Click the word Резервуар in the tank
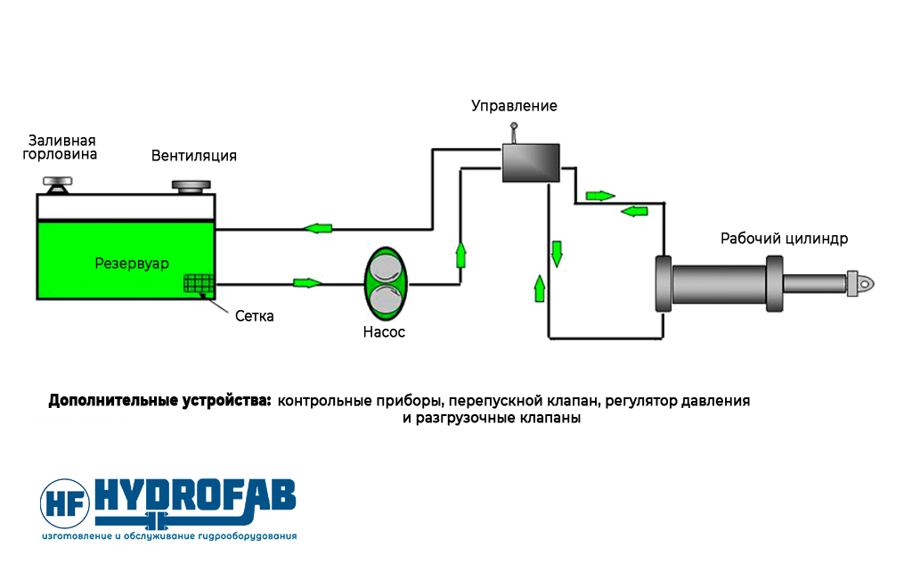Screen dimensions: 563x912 click(132, 263)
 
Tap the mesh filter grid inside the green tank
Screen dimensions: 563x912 click(198, 283)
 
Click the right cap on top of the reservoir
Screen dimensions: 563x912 click(192, 186)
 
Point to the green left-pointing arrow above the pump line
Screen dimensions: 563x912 click(318, 229)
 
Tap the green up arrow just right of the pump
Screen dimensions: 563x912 click(460, 254)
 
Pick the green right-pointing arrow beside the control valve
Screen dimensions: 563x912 click(598, 194)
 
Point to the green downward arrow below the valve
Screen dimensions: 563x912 click(558, 251)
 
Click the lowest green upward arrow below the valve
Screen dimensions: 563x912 click(539, 288)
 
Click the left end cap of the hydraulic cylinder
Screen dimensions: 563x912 click(664, 284)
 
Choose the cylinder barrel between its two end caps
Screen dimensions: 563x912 click(720, 284)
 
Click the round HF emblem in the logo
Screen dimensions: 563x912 click(66, 503)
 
